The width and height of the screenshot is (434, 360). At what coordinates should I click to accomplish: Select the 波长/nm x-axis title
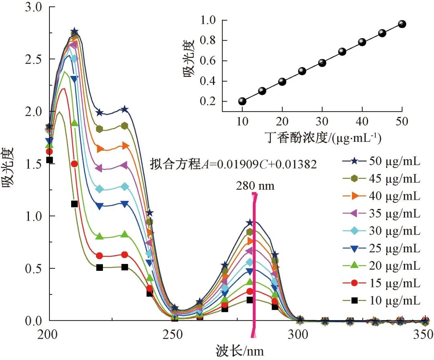[x=240, y=350]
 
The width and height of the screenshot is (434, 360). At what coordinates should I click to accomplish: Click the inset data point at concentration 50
[x=402, y=24]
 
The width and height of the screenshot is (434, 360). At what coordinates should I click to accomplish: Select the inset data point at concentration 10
[x=242, y=101]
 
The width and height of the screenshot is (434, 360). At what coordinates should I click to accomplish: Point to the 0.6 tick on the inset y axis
[x=209, y=61]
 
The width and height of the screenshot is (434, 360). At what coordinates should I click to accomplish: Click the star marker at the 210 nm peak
[x=74, y=32]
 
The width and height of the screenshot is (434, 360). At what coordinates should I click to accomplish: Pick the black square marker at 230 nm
[x=125, y=267]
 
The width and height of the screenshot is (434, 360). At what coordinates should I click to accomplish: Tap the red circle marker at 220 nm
[x=100, y=256]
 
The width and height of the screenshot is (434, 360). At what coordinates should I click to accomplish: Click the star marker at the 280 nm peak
[x=250, y=223]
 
